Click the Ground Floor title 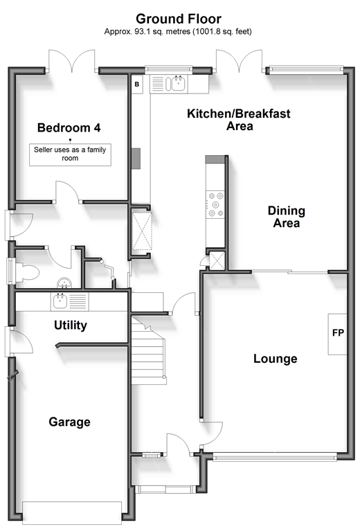click(179, 19)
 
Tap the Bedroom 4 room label click(69, 127)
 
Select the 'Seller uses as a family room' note click(70, 154)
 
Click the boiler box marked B click(137, 84)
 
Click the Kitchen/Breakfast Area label click(239, 120)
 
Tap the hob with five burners click(215, 204)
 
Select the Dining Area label click(287, 217)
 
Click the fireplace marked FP click(338, 334)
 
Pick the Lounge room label click(276, 358)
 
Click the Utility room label click(71, 325)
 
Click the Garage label click(69, 422)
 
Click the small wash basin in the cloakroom click(64, 283)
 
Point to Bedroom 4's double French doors click(72, 61)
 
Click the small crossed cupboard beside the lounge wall click(216, 261)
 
